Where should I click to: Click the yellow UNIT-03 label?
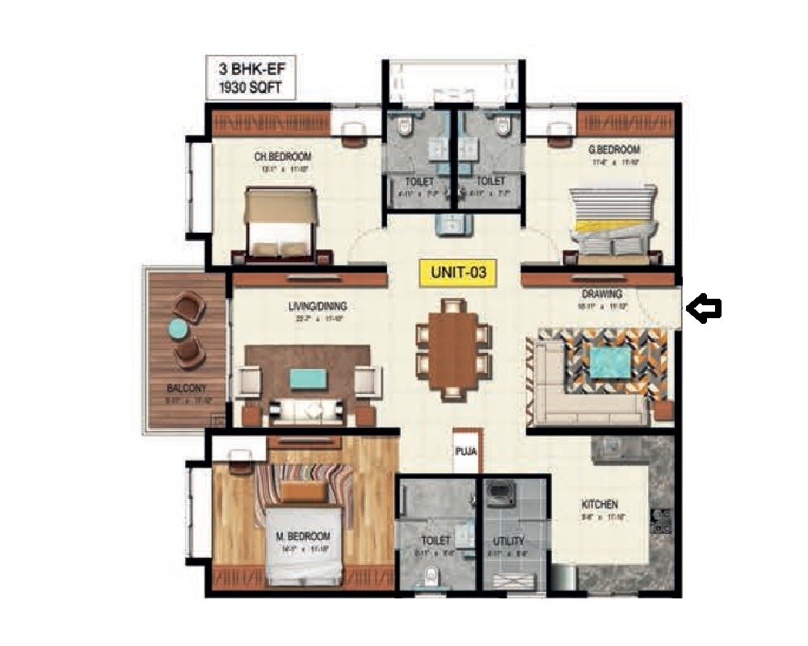458,273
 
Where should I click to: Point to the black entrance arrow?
703,308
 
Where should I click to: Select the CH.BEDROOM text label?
283,157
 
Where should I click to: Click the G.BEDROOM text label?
615,149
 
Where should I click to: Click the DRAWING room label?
602,294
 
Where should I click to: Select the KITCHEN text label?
600,505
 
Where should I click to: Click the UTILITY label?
509,541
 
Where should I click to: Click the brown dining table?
453,349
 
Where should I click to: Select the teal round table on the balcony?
178,329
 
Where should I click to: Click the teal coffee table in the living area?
309,379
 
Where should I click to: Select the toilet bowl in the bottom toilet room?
433,574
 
